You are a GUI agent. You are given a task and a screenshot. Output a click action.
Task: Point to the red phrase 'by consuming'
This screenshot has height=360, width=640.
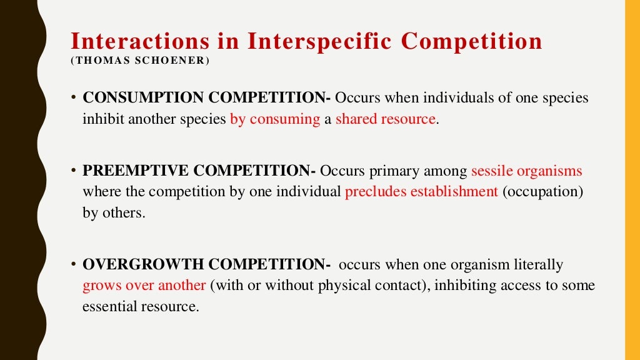click(x=275, y=119)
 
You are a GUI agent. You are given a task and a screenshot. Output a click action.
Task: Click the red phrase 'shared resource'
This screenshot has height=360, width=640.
click(x=385, y=119)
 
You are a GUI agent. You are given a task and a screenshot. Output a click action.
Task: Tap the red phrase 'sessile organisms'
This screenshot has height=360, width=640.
click(x=526, y=171)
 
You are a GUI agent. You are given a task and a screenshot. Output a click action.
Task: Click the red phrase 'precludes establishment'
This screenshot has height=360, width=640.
click(x=421, y=192)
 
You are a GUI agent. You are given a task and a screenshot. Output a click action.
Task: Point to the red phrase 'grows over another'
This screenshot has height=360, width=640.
click(x=144, y=286)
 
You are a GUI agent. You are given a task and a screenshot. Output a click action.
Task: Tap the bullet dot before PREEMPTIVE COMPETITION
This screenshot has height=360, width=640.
click(x=73, y=171)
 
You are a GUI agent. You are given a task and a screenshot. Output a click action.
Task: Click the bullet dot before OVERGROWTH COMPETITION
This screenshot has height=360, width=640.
click(x=73, y=265)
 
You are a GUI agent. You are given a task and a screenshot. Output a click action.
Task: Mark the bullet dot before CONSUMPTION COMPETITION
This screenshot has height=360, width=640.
click(x=73, y=98)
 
